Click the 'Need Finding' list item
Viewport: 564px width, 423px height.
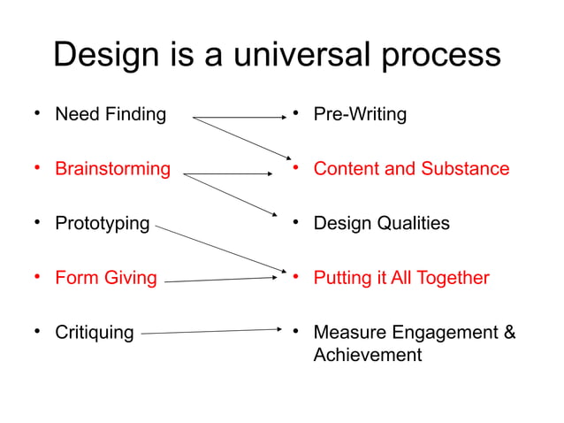coord(111,114)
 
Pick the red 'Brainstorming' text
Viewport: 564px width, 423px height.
coord(112,169)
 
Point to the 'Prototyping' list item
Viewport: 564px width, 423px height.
coord(103,223)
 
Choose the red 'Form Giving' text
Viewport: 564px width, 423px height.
coord(105,278)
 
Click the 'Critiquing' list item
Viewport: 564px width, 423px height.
coord(95,333)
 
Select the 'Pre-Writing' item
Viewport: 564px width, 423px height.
coord(360,114)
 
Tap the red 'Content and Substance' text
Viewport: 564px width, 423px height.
coord(411,168)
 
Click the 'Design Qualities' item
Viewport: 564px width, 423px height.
coord(381,223)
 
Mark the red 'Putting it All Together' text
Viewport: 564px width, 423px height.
coord(401,278)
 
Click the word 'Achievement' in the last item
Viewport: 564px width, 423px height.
coord(368,355)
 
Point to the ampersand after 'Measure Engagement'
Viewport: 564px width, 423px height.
coord(509,333)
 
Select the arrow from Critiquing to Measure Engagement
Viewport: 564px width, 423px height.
coord(212,332)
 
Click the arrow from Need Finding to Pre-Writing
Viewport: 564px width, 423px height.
coord(239,117)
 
